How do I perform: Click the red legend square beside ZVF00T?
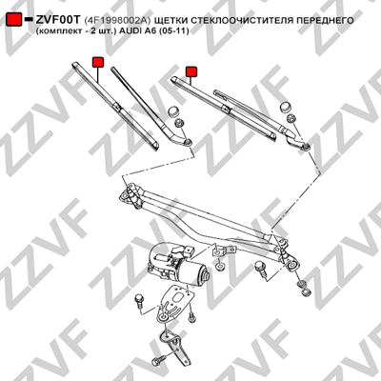14,20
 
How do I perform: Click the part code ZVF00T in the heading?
57,20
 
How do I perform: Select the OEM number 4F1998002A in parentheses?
116,20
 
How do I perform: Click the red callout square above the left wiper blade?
98,62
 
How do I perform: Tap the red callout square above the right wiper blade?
191,71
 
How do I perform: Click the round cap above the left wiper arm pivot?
173,111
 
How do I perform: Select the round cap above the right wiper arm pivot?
286,108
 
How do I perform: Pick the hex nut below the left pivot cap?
179,122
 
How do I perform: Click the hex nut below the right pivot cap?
291,119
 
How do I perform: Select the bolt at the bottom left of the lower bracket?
158,360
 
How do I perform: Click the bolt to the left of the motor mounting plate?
139,300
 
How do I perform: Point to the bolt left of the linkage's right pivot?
260,269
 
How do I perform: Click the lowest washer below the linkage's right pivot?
306,291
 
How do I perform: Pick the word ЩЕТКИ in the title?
170,20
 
